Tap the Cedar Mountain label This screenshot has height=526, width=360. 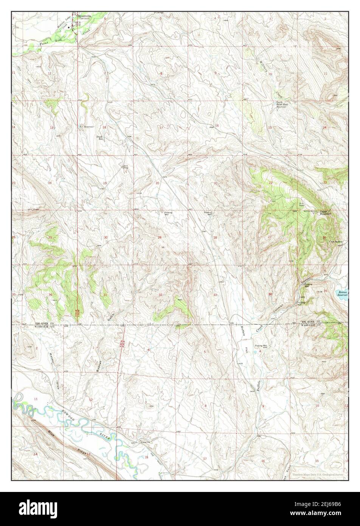click(x=325, y=213)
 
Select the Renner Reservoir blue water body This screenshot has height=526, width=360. click(x=343, y=293)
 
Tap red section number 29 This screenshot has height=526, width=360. click(x=159, y=237)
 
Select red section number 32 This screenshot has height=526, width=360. click(x=161, y=295)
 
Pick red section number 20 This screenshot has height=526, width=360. click(x=157, y=183)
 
